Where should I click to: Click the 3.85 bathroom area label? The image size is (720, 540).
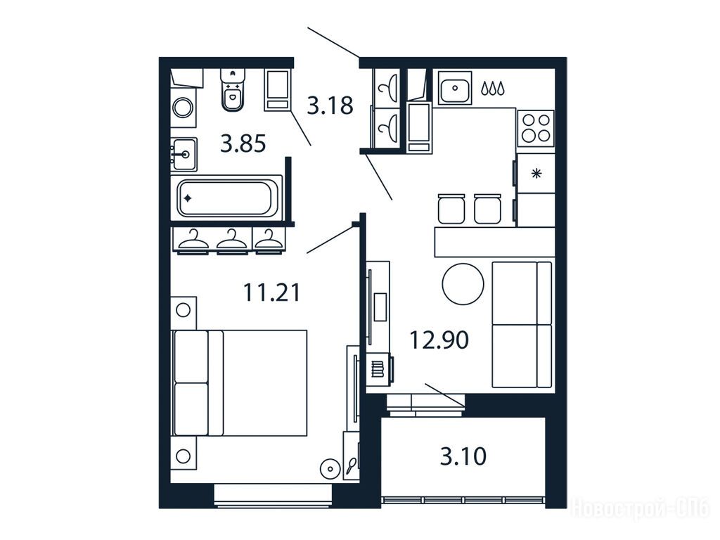[243, 143]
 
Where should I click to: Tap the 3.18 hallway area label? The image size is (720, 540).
[330, 105]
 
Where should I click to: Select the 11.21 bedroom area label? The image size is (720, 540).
[271, 292]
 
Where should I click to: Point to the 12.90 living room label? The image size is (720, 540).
[439, 340]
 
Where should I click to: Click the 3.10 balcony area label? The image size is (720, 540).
[463, 456]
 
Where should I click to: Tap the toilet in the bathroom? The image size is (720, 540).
[233, 90]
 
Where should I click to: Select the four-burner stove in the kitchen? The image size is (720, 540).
[536, 128]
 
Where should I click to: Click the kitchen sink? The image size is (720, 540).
[455, 88]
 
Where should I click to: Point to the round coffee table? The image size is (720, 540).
[463, 284]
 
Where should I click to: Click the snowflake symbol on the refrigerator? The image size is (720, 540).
[536, 174]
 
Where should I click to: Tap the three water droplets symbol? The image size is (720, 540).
[493, 88]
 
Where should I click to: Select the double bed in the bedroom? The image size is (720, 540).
[239, 382]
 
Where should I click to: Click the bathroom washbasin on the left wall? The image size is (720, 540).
[184, 154]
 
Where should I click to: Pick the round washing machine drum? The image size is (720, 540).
[183, 108]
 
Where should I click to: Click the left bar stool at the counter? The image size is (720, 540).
[451, 209]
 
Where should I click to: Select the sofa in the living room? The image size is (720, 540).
[522, 325]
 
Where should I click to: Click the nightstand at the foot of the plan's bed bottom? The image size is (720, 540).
[184, 456]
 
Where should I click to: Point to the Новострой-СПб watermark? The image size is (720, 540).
[640, 509]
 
